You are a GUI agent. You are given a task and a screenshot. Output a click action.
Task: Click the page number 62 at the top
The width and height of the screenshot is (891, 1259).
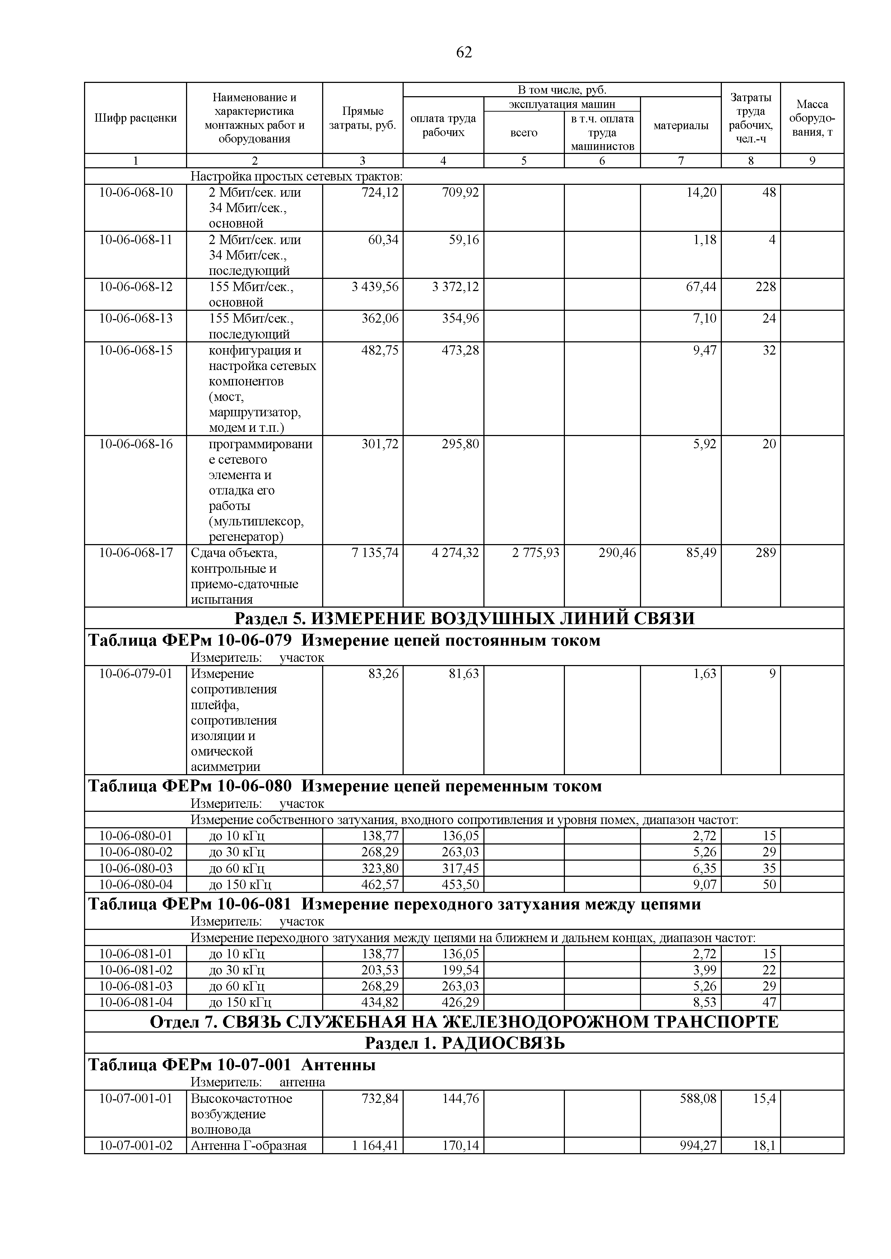pos(464,52)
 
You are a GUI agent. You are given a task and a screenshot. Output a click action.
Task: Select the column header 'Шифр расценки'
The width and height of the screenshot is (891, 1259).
pos(135,118)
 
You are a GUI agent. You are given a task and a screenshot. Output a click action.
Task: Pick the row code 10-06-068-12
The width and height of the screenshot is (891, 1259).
pos(135,287)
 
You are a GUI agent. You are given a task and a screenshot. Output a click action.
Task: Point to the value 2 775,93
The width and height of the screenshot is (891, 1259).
pos(535,553)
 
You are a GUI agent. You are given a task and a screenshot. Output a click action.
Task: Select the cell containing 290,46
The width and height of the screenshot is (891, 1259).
pos(617,553)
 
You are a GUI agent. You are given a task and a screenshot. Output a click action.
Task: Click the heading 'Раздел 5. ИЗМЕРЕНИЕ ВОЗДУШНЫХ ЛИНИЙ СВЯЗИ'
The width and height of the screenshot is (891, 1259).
pos(464,618)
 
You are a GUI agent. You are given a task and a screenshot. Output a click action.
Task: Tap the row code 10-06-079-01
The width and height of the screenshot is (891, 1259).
pos(135,673)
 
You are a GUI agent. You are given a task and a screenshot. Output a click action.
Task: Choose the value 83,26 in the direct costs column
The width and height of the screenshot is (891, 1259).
pos(383,673)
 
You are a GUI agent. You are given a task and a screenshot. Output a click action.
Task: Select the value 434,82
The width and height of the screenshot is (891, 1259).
pos(380,1002)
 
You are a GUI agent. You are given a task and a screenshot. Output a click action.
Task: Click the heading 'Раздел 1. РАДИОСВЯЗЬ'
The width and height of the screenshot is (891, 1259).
pos(464,1043)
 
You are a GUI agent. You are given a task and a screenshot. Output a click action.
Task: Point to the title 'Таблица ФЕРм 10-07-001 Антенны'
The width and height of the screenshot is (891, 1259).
pos(232,1065)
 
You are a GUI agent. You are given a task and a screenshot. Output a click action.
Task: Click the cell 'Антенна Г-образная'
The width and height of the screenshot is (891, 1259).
pos(249,1146)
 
